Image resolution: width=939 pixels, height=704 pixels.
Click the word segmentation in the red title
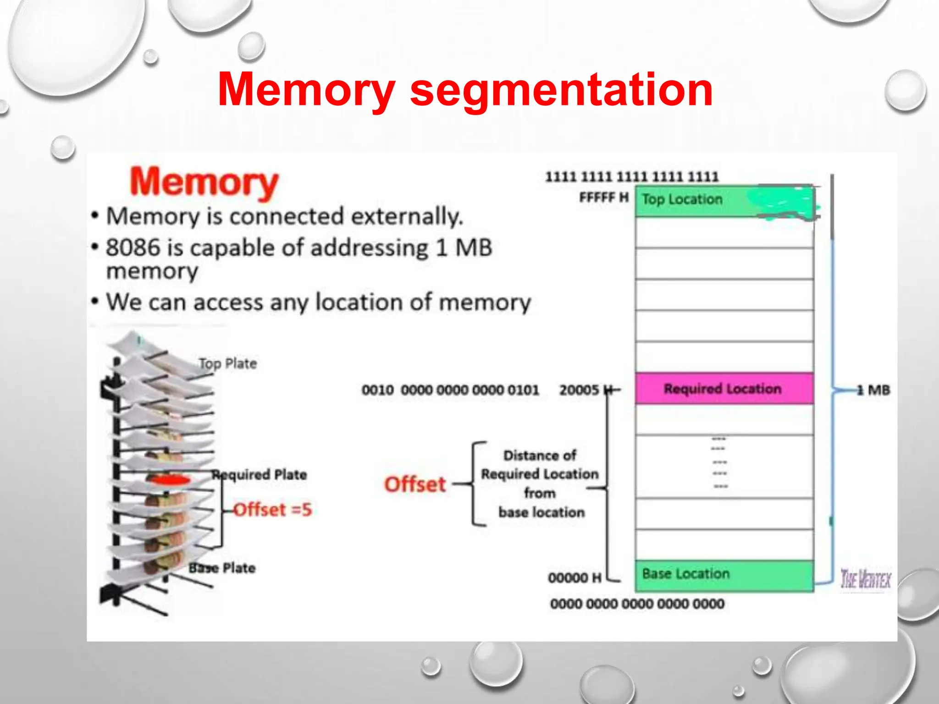(x=561, y=90)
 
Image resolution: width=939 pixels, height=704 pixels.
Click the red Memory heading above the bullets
(x=204, y=182)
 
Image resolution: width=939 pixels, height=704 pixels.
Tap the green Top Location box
(x=724, y=201)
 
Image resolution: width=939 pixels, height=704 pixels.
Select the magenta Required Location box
(x=724, y=389)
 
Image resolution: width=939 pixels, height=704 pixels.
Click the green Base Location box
(x=724, y=575)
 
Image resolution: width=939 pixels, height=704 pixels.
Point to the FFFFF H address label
(x=603, y=198)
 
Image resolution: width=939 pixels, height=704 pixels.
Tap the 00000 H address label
(x=574, y=578)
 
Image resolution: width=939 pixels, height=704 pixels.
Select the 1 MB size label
(x=873, y=390)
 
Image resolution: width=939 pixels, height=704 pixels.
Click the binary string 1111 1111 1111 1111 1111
(x=632, y=177)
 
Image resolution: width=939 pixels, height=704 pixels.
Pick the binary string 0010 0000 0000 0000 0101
(x=450, y=390)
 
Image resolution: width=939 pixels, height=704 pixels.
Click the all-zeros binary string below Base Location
(x=637, y=604)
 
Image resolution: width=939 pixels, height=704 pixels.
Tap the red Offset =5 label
(x=273, y=510)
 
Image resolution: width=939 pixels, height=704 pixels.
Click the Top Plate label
(x=228, y=364)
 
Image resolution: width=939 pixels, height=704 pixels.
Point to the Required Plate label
(x=260, y=475)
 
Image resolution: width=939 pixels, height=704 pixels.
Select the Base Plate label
(x=222, y=568)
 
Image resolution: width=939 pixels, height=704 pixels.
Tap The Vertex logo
(x=865, y=579)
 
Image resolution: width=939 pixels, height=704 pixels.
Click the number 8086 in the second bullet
(x=133, y=248)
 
